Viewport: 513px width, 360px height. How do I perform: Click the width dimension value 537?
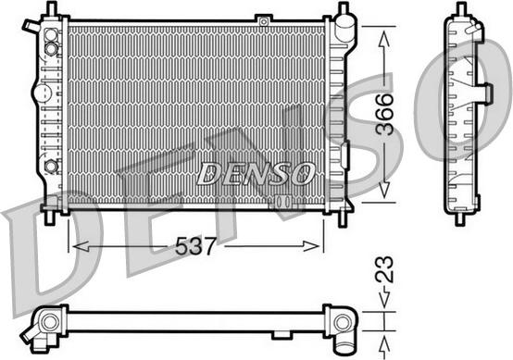tap(197, 247)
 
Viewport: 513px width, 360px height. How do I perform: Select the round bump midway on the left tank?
tap(40, 93)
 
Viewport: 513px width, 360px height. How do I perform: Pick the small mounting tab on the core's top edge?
tap(265, 19)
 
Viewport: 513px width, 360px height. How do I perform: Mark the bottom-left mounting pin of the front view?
tap(48, 217)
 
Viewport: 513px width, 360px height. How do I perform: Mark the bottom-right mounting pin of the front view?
tap(348, 217)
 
